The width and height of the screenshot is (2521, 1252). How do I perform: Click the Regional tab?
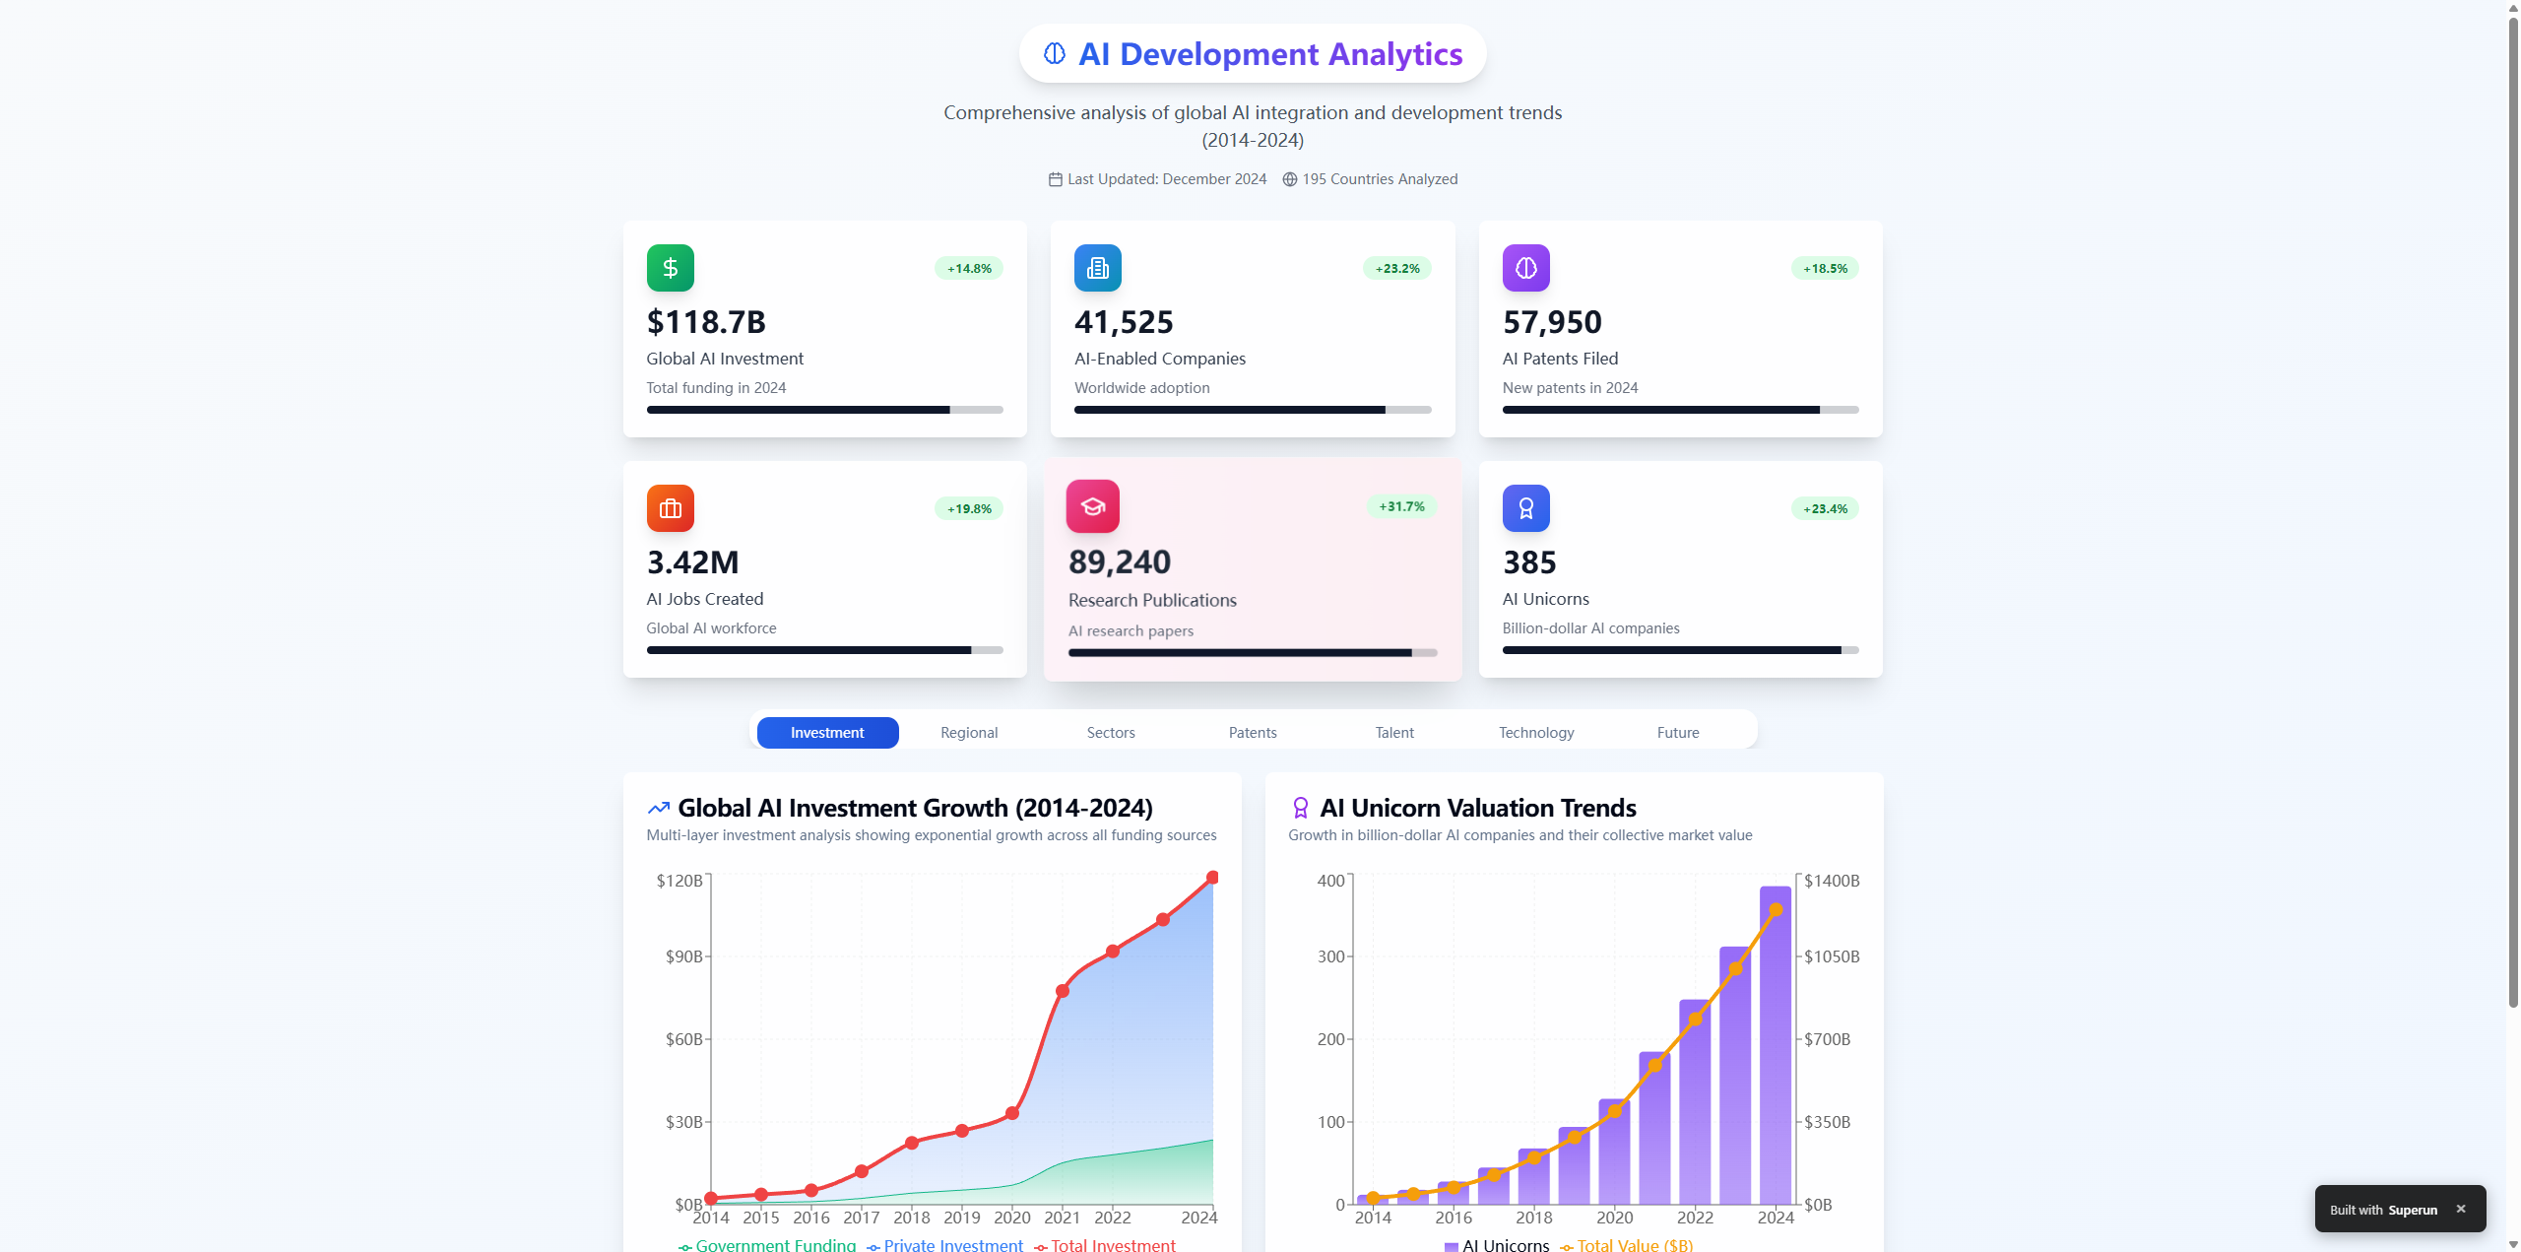pos(969,733)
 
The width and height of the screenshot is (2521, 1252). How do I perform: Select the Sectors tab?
pos(1111,733)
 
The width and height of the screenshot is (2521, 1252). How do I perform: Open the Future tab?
pos(1678,733)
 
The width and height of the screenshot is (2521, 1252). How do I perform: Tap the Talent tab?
pos(1394,733)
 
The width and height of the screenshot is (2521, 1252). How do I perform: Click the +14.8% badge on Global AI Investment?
pos(969,268)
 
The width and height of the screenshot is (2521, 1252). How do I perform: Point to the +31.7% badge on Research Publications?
pos(1401,506)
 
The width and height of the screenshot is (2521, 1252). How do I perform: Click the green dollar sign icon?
pos(671,268)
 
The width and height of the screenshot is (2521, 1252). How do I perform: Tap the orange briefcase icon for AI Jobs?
pos(671,508)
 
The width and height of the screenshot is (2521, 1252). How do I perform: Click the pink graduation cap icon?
pos(1092,506)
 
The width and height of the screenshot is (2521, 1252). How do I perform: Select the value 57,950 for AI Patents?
pos(1552,322)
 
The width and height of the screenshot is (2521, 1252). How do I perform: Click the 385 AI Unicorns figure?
pos(1529,562)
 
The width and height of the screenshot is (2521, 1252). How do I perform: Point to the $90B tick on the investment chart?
pos(683,956)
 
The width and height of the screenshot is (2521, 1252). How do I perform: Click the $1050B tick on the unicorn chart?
pos(1832,956)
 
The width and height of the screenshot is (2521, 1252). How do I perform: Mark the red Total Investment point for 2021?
pos(1063,991)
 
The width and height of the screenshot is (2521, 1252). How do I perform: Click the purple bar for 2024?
pos(1776,1044)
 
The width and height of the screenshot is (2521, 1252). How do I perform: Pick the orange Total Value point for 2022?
pos(1696,1020)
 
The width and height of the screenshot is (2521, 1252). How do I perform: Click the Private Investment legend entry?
pos(945,1245)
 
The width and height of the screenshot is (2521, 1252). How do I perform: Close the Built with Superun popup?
pos(2461,1209)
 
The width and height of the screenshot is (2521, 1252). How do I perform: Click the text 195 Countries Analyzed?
pos(1380,179)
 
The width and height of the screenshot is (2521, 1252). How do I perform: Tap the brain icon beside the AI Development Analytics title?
pos(1055,53)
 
